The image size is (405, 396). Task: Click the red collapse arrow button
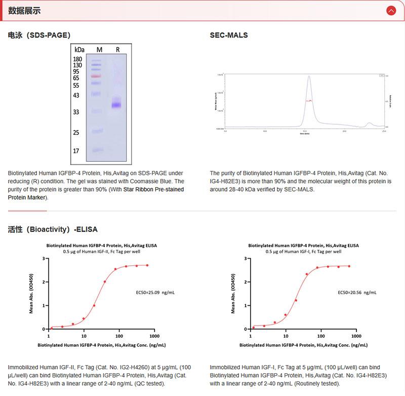[x=390, y=11]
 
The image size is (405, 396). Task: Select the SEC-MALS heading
[x=229, y=35]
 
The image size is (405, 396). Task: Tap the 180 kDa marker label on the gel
[x=77, y=59]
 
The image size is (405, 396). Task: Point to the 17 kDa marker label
[x=76, y=151]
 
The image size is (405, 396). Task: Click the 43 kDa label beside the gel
[x=76, y=95]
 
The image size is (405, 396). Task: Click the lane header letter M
[x=99, y=50]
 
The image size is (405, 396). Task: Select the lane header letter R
[x=117, y=50]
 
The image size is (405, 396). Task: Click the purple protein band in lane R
[x=117, y=105]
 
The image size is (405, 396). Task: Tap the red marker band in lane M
[x=96, y=76]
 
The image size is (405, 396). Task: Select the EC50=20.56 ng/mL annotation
[x=357, y=293]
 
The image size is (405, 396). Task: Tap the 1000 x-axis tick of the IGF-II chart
[x=155, y=336]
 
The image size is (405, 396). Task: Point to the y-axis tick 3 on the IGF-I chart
[x=246, y=259]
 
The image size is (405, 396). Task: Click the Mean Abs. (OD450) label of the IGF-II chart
[x=31, y=294]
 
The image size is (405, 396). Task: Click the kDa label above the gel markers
[x=79, y=50]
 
